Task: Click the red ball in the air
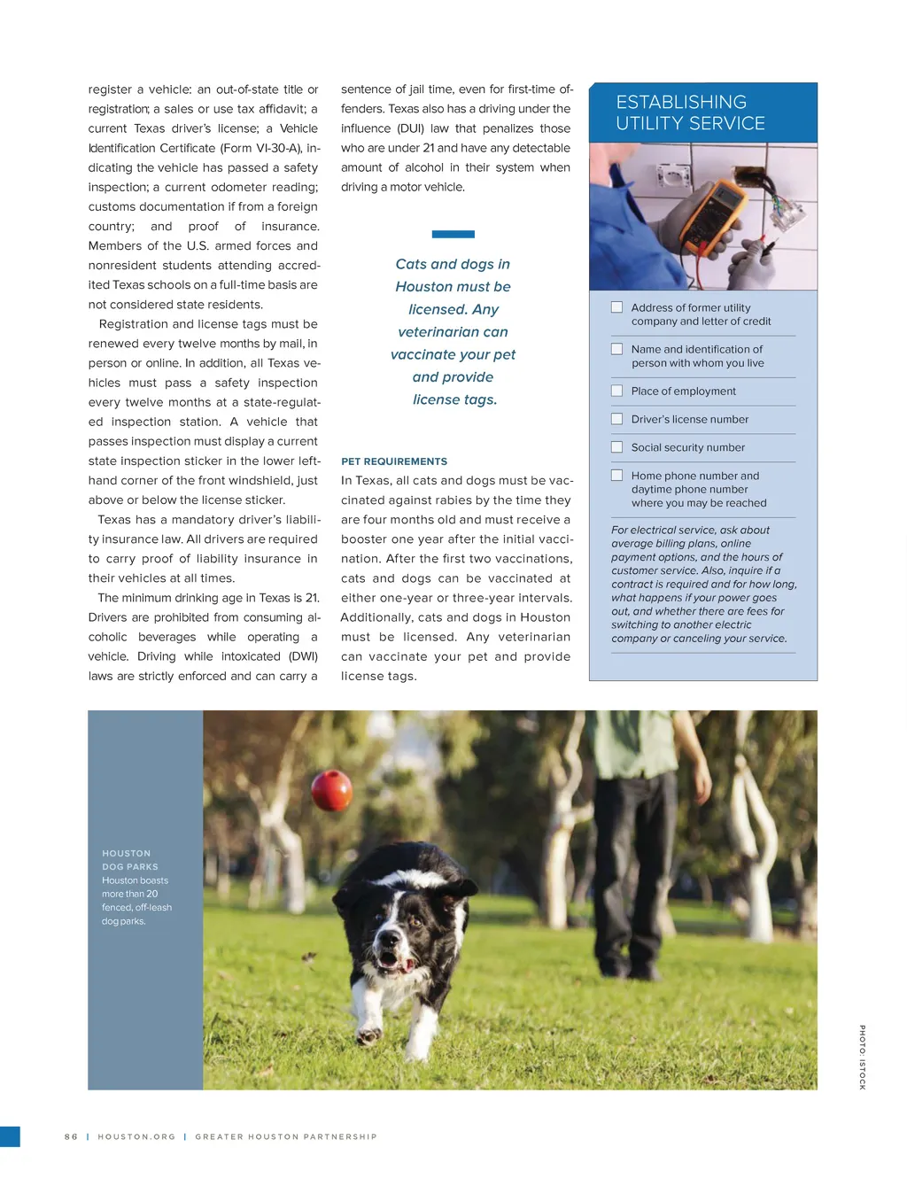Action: [x=332, y=789]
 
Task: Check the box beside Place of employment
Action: [x=616, y=391]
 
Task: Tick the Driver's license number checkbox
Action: [x=616, y=419]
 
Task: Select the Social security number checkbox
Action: [x=616, y=447]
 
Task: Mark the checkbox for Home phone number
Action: [x=616, y=476]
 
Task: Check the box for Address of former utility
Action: [x=616, y=307]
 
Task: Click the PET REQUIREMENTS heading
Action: [x=394, y=461]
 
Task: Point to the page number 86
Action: [x=71, y=1136]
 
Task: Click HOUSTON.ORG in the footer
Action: [x=136, y=1136]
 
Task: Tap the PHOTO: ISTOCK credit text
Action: [x=862, y=1057]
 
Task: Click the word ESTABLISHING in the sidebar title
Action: [x=681, y=102]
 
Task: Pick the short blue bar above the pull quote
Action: [x=453, y=235]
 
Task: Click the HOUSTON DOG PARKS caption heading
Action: [x=129, y=860]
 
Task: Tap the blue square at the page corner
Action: [x=10, y=1136]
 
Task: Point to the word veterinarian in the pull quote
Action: [x=453, y=332]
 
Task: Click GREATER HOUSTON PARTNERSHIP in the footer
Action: [x=286, y=1136]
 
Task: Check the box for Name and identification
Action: [x=616, y=349]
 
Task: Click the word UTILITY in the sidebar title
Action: [x=653, y=124]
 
